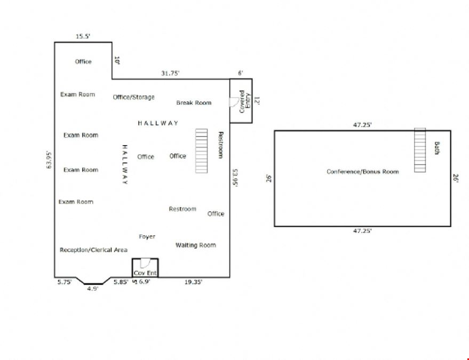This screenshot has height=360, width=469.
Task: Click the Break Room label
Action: (194, 103)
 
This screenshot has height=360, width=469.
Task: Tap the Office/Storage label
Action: (134, 97)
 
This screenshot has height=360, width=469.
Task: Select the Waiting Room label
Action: (196, 245)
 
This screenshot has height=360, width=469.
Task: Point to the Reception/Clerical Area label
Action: (93, 250)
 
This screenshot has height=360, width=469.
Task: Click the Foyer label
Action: (147, 236)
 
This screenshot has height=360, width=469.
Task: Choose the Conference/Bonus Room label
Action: (362, 172)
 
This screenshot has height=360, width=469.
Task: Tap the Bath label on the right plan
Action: (436, 148)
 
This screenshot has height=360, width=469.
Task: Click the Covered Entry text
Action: (245, 102)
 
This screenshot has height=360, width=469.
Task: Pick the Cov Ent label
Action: (145, 273)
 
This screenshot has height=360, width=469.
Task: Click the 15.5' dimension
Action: (83, 36)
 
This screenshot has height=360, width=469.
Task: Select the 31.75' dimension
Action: (170, 73)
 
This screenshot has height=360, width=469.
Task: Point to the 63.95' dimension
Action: (49, 160)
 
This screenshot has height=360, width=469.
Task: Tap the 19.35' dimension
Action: (193, 282)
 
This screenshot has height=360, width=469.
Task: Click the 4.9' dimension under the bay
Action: (93, 289)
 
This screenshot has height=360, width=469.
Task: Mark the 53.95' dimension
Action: (235, 178)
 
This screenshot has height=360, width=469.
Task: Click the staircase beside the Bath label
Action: (420, 150)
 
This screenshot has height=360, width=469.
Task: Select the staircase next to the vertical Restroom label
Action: (201, 151)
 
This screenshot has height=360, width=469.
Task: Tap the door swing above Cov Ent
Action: (145, 263)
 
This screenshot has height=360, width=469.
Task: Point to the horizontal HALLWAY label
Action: (158, 123)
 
